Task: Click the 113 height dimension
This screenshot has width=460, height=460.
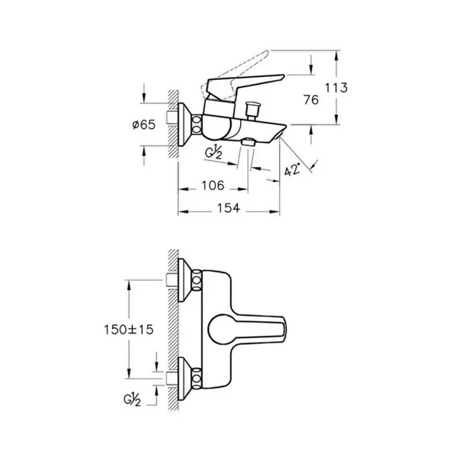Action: tap(357, 88)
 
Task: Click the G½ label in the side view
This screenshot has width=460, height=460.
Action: tap(214, 151)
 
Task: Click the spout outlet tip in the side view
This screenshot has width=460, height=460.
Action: tap(277, 137)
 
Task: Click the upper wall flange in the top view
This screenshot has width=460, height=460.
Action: tap(188, 281)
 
